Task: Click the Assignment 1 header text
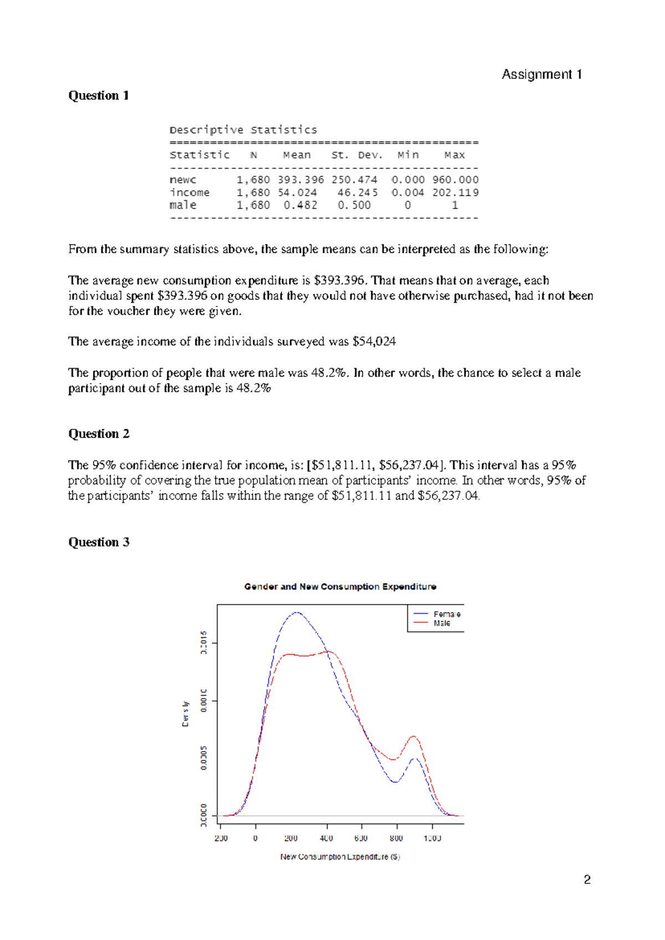click(x=541, y=74)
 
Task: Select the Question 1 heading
click(x=99, y=95)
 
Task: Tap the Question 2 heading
click(x=99, y=433)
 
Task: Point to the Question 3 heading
click(x=99, y=542)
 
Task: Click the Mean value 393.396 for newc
click(x=300, y=180)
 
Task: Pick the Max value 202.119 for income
click(x=455, y=192)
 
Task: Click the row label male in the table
click(x=183, y=205)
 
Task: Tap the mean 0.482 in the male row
click(x=300, y=205)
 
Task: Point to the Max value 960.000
click(x=455, y=180)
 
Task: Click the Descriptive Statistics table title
click(x=243, y=130)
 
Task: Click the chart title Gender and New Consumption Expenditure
click(x=340, y=586)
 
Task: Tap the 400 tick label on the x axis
click(x=326, y=838)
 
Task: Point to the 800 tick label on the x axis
click(x=396, y=838)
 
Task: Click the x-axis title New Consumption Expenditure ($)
click(x=340, y=856)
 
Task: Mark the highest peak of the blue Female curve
click(x=298, y=612)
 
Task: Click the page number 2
click(x=587, y=880)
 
